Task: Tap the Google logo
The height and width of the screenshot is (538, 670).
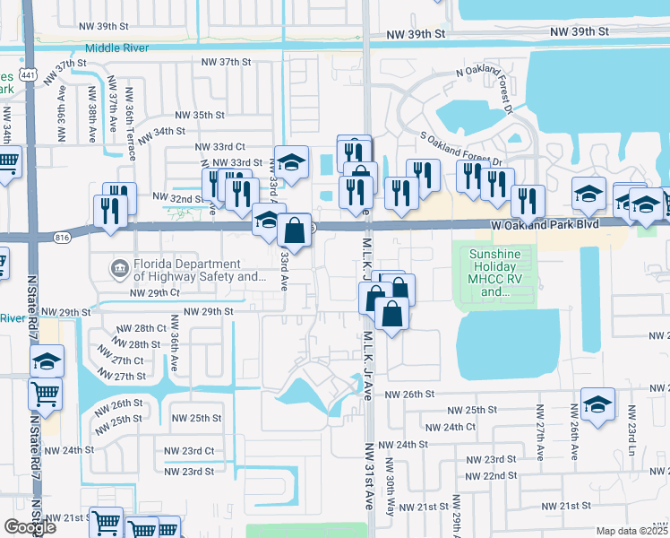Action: (30, 527)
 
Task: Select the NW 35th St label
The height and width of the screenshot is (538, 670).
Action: (199, 115)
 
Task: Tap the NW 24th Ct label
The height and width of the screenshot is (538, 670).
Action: (452, 428)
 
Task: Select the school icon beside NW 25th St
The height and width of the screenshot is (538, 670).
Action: (597, 403)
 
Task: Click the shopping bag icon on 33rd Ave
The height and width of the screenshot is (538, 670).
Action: (294, 230)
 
